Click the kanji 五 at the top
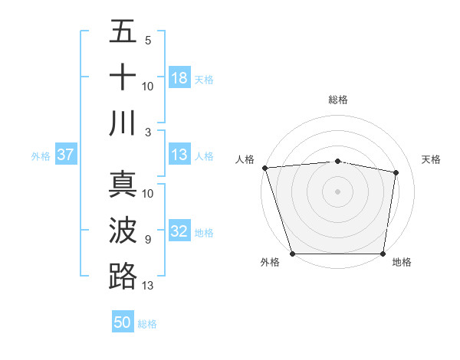[123, 33]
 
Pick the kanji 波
[123, 231]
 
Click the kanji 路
[123, 276]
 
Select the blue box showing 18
[179, 78]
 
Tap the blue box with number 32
[179, 232]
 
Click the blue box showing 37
[65, 155]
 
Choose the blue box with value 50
[123, 322]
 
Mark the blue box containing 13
[179, 155]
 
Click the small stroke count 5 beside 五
[148, 41]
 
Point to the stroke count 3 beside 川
[148, 132]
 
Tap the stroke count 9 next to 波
[148, 240]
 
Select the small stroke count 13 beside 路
[148, 286]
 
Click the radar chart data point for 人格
[264, 168]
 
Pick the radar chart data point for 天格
[396, 173]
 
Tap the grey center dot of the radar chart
[337, 191]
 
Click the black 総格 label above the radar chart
[337, 100]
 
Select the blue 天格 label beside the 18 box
[204, 79]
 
